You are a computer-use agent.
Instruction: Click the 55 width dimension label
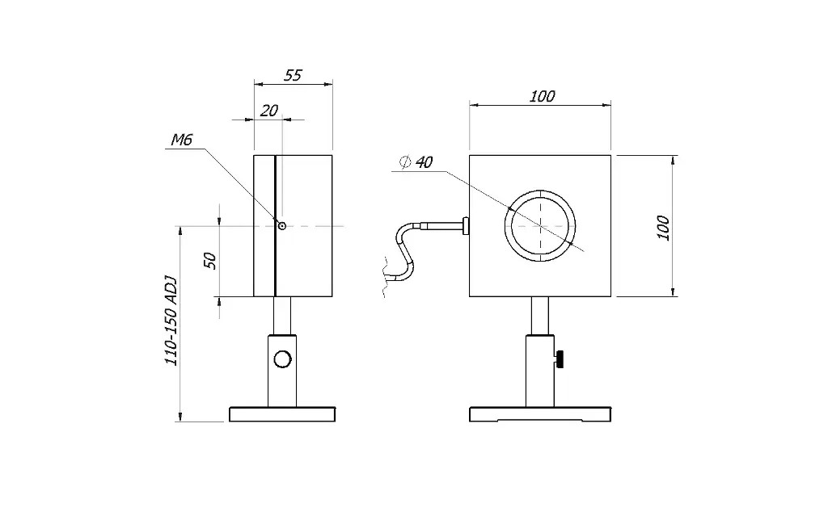(293, 75)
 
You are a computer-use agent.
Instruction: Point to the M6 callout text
(181, 141)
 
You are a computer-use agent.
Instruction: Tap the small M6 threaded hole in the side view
(281, 225)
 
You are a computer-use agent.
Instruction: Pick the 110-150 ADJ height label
(171, 320)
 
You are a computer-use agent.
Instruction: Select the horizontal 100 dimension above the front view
(542, 96)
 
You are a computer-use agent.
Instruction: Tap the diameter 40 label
(416, 162)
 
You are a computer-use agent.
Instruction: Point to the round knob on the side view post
(282, 359)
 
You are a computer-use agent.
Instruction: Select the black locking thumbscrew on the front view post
(559, 359)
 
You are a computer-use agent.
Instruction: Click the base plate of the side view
(281, 414)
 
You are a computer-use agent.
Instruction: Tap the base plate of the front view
(540, 414)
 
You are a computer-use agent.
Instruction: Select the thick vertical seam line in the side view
(275, 225)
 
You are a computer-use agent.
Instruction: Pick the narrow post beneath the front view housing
(540, 315)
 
